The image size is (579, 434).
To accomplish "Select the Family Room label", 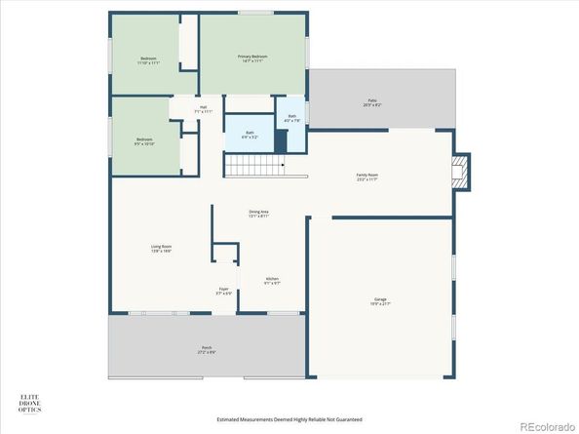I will (x=367, y=178).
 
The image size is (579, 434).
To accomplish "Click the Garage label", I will (x=380, y=301).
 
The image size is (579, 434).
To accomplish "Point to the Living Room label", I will (x=161, y=249).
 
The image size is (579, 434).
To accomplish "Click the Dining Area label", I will (x=258, y=215).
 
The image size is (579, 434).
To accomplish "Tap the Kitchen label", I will (x=273, y=281).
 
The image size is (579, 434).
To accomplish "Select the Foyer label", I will (x=224, y=291).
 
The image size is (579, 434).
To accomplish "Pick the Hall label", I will (x=203, y=109).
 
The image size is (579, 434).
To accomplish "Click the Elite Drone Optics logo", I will (x=32, y=403).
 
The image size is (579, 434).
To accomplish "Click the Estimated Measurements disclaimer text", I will (x=289, y=419).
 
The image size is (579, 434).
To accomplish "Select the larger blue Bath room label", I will (x=249, y=135).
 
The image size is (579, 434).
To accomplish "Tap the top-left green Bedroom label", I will (x=149, y=60).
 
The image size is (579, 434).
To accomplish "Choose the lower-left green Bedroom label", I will (x=144, y=141).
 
